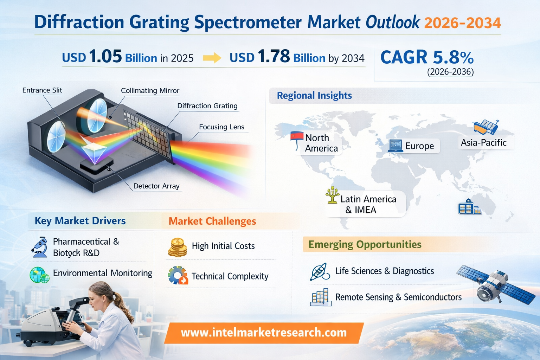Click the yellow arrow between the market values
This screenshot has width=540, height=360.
212,58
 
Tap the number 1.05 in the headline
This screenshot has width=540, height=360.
105,57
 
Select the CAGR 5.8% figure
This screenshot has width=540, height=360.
427,57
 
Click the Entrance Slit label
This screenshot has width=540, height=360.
42,90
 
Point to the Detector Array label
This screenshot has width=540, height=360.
156,186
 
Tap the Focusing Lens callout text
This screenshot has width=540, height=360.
221,127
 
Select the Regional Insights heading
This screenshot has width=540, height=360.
314,95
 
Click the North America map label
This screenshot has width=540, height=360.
321,143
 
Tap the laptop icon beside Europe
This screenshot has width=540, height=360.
396,146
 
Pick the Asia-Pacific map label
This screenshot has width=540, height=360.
484,143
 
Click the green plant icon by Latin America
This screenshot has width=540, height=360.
333,195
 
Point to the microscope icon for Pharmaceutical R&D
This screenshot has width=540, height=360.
39,247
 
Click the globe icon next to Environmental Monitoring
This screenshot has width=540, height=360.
39,275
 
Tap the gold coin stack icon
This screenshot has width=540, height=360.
178,247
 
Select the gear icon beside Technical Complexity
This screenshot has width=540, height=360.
178,275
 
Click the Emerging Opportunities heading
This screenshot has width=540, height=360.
365,244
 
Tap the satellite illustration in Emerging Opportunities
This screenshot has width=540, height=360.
494,284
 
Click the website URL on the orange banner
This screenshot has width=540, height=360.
264,333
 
